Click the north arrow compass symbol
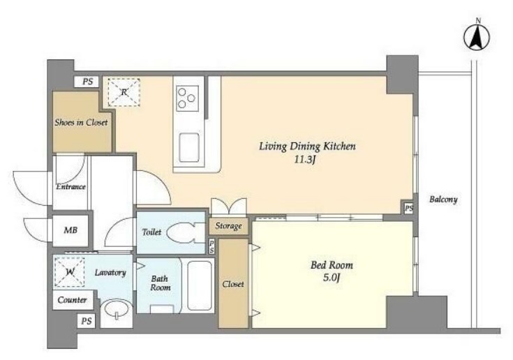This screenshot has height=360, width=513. [x=477, y=36]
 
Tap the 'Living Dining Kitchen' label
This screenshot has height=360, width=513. [x=307, y=146]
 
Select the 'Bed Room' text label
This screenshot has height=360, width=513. [x=332, y=264]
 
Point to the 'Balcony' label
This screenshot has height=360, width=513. [x=443, y=199]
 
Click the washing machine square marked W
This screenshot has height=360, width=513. [x=69, y=272]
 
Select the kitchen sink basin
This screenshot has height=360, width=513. [x=189, y=147]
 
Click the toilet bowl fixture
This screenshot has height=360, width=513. [x=183, y=233]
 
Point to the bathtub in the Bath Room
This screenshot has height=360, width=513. [x=200, y=285]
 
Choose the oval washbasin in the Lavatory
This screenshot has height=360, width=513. [x=117, y=310]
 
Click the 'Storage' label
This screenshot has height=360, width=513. [x=228, y=226]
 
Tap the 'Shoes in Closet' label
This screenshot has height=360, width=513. [x=81, y=122]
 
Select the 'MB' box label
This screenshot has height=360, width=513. [x=70, y=230]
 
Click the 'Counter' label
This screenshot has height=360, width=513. [x=73, y=300]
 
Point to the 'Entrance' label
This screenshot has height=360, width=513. [x=70, y=187]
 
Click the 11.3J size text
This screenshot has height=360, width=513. [x=306, y=160]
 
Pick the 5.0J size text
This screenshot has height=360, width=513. [x=332, y=278]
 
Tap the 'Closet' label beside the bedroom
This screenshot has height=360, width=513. [x=233, y=284]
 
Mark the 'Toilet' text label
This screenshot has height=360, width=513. [x=151, y=232]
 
